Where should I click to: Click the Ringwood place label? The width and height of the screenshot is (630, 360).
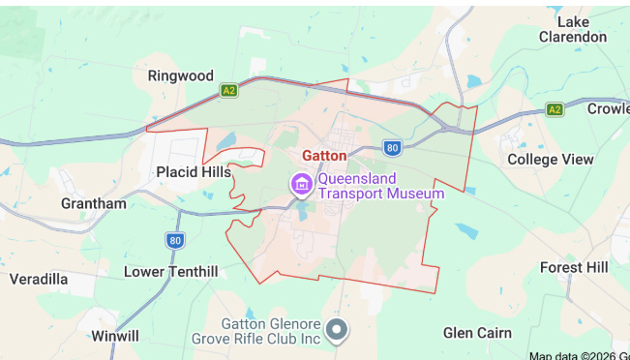[x=180, y=75]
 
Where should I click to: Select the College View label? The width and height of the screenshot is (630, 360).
[x=550, y=159]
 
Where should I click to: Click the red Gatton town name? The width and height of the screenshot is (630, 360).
[x=324, y=155]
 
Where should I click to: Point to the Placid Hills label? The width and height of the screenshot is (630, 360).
[x=194, y=171]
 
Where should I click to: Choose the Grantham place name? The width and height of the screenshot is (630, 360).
[x=93, y=203]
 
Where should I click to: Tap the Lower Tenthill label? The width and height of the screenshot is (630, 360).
[x=170, y=272]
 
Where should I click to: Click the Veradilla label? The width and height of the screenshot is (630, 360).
[x=39, y=279]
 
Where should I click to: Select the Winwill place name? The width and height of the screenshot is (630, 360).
[x=115, y=336]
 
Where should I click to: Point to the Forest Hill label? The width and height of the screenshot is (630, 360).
[x=574, y=267]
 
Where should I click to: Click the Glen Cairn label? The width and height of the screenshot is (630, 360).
[x=477, y=332]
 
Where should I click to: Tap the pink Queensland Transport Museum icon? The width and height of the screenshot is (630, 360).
[x=301, y=183]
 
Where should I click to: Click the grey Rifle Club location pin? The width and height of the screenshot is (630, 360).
[x=337, y=330]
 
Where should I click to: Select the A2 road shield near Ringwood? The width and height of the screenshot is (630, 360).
[x=228, y=90]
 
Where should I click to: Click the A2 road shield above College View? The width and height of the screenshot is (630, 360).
[x=554, y=109]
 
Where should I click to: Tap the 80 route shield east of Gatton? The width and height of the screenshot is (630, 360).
[x=391, y=147]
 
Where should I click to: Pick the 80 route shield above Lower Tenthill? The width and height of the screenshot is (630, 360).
[x=174, y=240]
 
